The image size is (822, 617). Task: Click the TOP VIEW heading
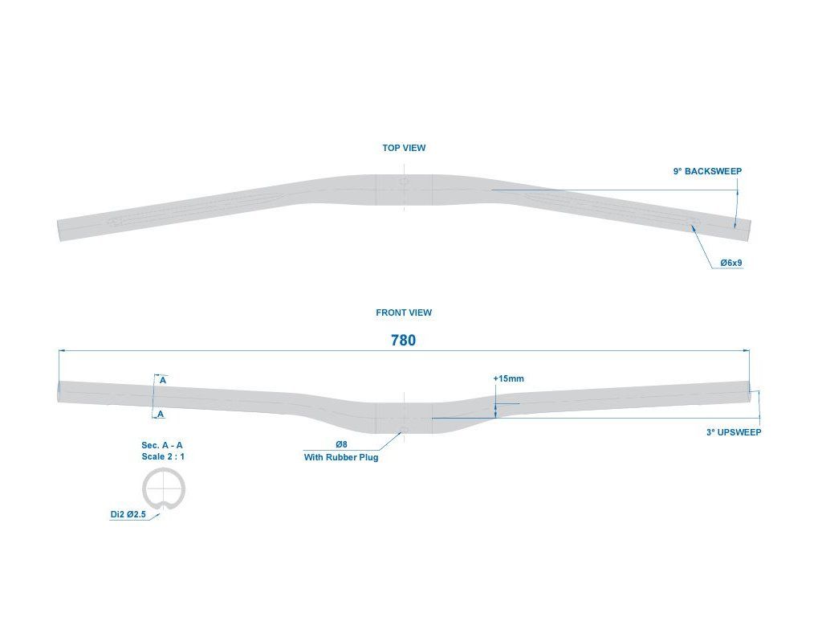coord(404,148)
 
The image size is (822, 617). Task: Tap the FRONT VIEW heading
coord(404,313)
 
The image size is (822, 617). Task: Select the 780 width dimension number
coord(403,341)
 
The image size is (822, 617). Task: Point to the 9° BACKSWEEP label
coord(707,172)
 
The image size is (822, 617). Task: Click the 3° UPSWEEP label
coord(734,432)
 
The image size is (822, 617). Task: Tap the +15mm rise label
coord(508,378)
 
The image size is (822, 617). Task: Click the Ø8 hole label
coord(341,444)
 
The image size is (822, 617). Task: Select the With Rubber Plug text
coord(340,457)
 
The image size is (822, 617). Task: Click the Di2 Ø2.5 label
coord(128,515)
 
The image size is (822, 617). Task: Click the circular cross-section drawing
coord(164,488)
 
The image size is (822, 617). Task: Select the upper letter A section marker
coord(162,380)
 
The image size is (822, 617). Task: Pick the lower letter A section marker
coord(161,414)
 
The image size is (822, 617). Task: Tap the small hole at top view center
coord(404,182)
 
